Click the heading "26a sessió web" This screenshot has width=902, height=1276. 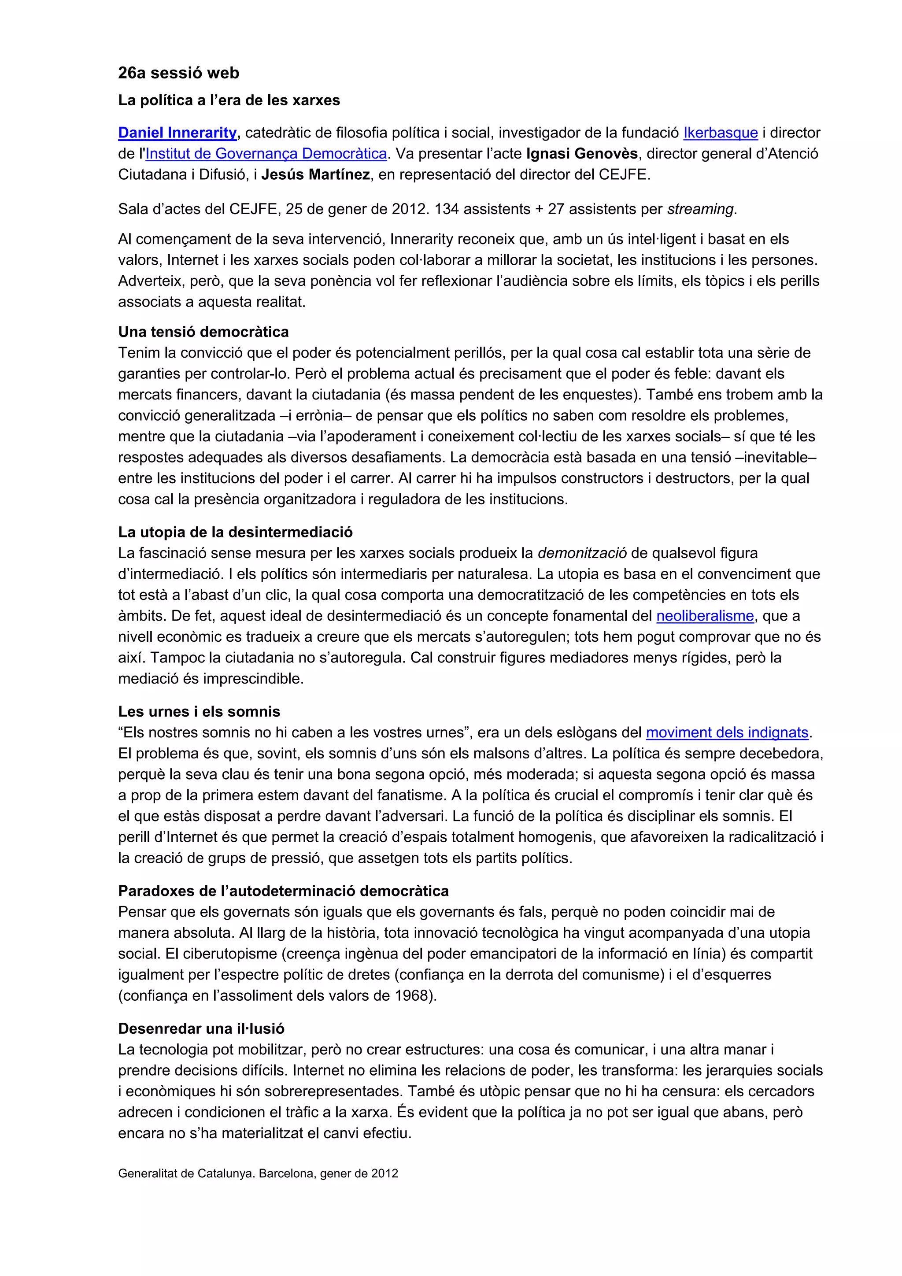[x=178, y=73]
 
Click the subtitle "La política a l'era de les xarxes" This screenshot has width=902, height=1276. [x=229, y=100]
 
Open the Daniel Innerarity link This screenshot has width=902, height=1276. [x=177, y=133]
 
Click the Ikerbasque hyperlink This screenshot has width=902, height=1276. [x=720, y=133]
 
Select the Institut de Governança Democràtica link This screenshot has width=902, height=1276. [x=266, y=154]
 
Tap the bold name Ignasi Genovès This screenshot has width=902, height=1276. [x=581, y=154]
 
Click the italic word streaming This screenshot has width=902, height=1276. [x=701, y=210]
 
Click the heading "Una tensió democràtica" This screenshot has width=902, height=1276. [x=203, y=333]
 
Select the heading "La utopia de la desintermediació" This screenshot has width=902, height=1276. [x=235, y=533]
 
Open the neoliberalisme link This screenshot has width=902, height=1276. [x=705, y=616]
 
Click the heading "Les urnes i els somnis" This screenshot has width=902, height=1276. [x=199, y=712]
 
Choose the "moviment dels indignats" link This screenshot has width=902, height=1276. [x=726, y=733]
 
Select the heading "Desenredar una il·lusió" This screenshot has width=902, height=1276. [x=201, y=1029]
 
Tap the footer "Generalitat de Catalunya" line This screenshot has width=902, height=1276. [x=258, y=1174]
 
